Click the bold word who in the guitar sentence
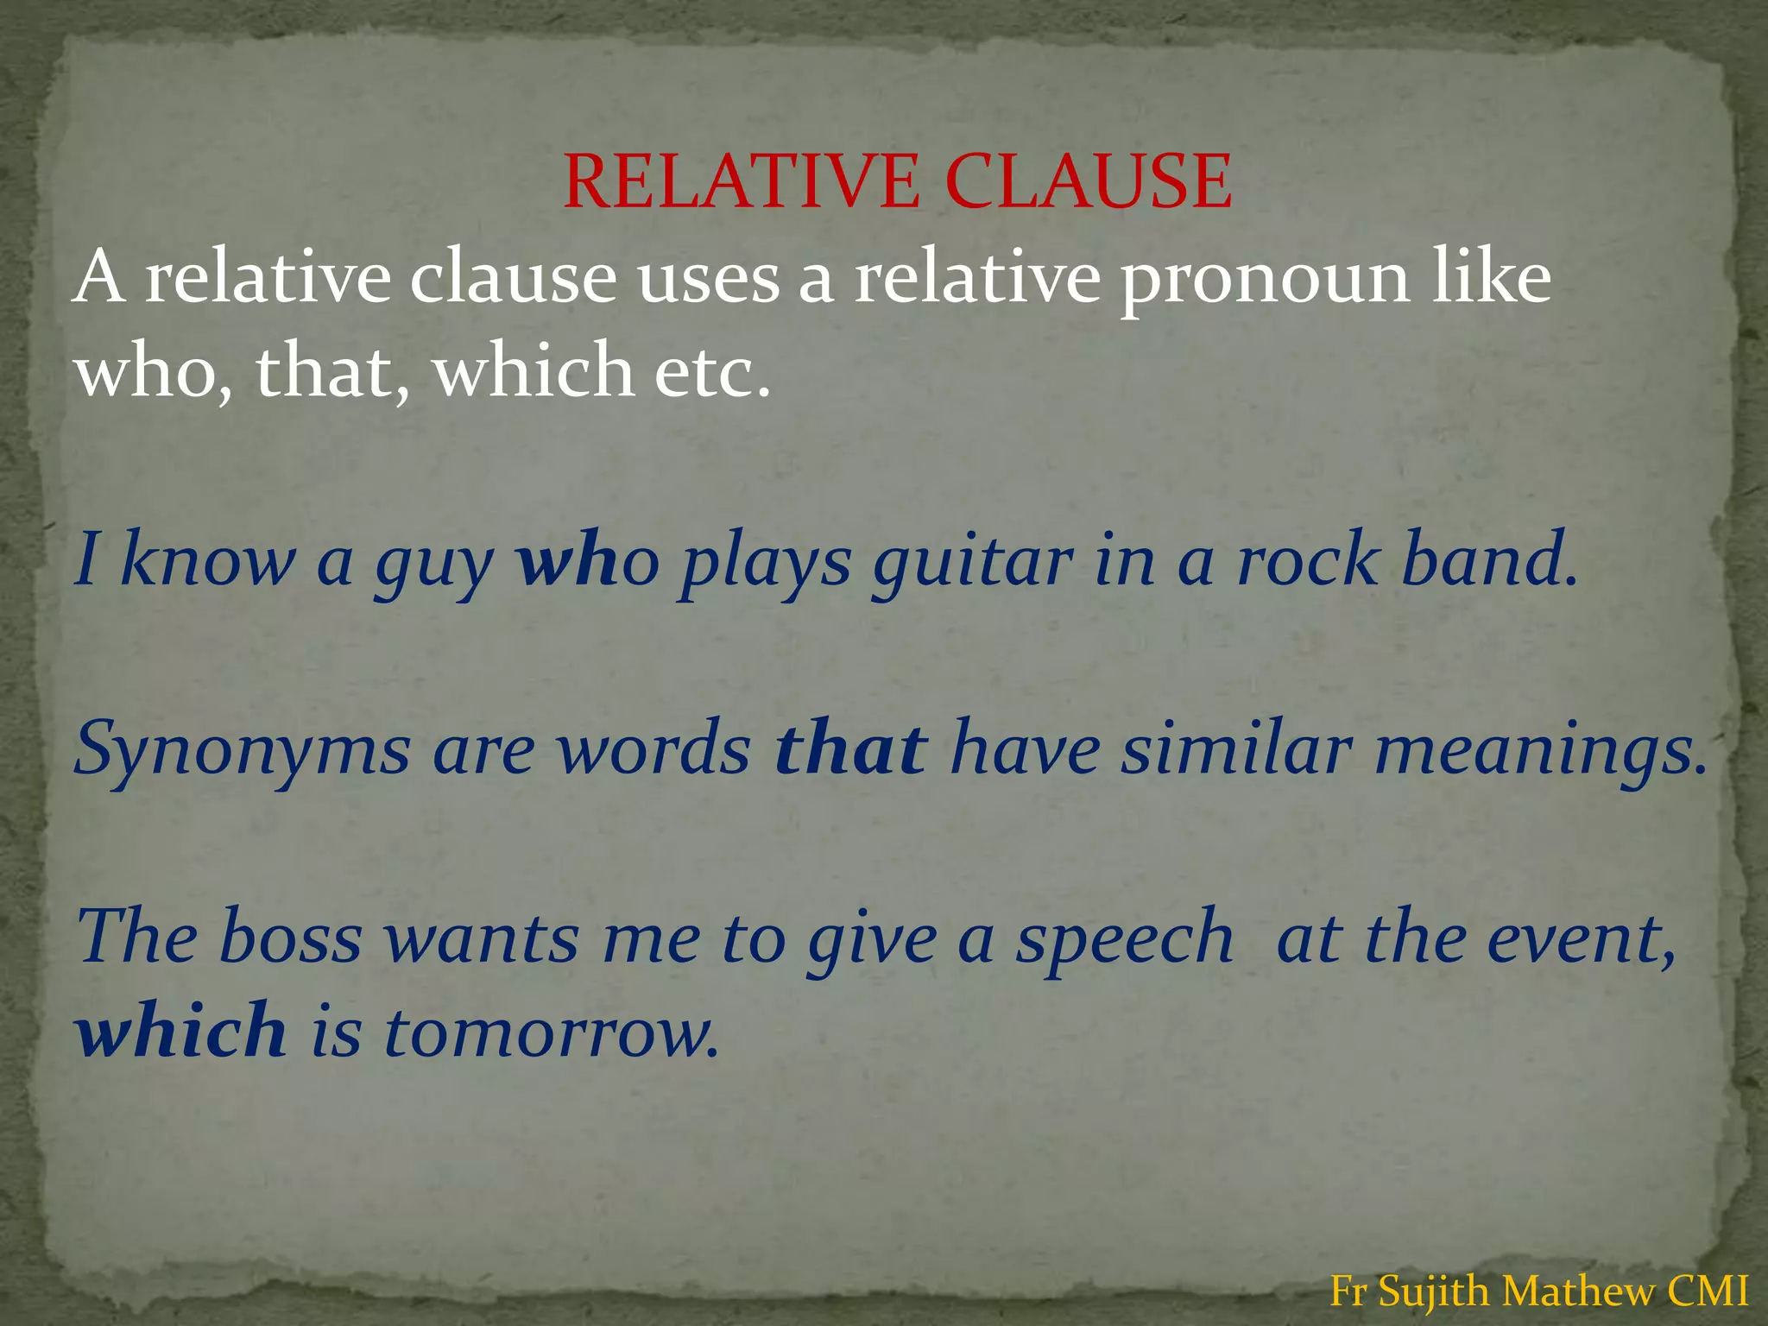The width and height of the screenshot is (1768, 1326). [588, 559]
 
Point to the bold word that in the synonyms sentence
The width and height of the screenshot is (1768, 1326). [851, 748]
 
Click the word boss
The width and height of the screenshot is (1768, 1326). [290, 937]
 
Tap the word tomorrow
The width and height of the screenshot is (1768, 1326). [551, 1032]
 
